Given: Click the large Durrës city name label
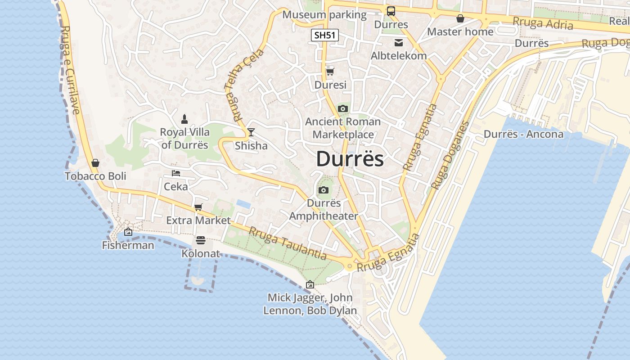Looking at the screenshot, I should click(x=350, y=159).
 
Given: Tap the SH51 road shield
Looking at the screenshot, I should click(x=324, y=35).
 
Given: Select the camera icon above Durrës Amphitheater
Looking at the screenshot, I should click(x=323, y=190).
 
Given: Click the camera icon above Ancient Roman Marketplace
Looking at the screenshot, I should click(x=342, y=108).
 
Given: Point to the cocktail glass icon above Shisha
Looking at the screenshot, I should click(x=251, y=132).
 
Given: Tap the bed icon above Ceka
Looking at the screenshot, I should click(x=176, y=173).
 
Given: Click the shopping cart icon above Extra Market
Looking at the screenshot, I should click(x=198, y=207).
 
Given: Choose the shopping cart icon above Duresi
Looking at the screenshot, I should click(x=330, y=72).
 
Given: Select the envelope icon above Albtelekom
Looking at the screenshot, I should click(x=399, y=43).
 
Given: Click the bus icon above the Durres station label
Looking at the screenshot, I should click(x=391, y=11).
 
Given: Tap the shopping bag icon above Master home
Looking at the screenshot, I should click(x=460, y=18).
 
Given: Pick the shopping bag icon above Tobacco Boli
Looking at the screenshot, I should click(x=95, y=162).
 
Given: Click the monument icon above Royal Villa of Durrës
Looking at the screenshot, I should click(x=184, y=119).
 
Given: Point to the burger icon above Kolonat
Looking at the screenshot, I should click(x=201, y=240).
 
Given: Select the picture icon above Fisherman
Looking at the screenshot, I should click(x=128, y=232).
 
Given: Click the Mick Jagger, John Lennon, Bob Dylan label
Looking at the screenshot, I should click(x=310, y=304).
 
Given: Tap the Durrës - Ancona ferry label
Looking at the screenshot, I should click(x=523, y=134).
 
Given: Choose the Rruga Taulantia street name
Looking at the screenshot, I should click(x=288, y=243).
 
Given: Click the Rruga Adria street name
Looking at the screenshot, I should click(x=543, y=22).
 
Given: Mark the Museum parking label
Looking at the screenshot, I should click(x=324, y=15).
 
